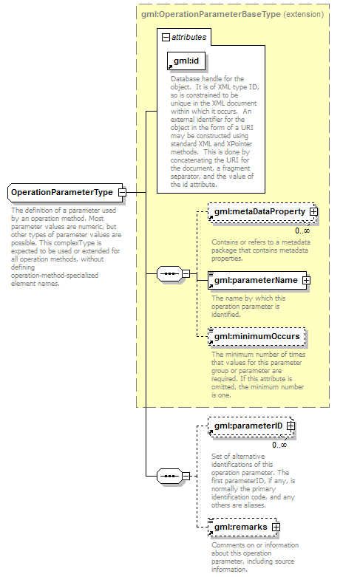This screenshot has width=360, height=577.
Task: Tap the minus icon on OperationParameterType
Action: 122,192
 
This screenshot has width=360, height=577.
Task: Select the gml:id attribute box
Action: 186,61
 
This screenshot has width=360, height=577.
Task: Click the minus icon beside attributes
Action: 166,37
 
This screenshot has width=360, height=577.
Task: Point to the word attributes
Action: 189,37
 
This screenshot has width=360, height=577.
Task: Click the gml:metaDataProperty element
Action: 262,211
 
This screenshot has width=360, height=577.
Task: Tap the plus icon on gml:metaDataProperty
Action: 313,211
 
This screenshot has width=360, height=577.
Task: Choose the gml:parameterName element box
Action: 257,281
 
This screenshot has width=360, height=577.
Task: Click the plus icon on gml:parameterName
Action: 306,281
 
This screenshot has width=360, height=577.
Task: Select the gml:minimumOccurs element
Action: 257,336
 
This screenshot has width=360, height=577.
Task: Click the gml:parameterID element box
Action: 251,426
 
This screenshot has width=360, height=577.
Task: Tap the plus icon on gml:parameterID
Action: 291,426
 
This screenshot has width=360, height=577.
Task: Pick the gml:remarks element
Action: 242,527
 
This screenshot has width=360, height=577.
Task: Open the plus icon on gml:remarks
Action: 276,527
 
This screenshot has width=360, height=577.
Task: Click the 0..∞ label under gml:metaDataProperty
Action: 302,231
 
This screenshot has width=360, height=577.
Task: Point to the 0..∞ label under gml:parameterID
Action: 279,445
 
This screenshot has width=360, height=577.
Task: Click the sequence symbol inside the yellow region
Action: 169,274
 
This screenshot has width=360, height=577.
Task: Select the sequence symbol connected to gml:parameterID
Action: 169,477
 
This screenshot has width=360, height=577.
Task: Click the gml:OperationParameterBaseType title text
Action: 211,14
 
